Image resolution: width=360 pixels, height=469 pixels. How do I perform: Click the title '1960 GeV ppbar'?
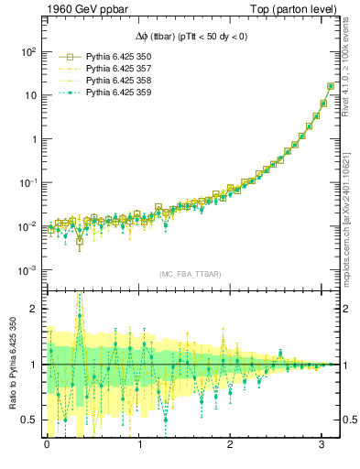point(88,10)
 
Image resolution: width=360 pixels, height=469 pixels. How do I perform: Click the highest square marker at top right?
point(331,87)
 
